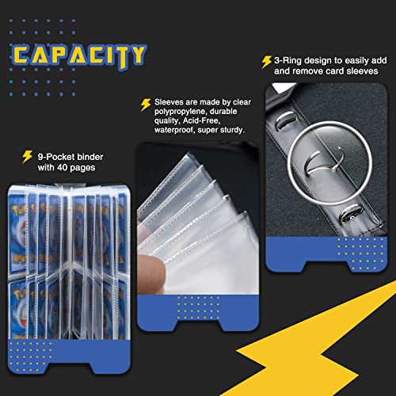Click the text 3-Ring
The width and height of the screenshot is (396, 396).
287,59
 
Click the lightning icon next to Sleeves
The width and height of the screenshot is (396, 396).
145,104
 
